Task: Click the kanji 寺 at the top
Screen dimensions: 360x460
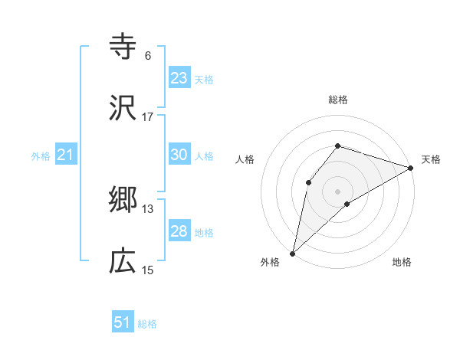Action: [x=123, y=47]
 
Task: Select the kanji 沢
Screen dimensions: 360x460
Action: [x=123, y=108]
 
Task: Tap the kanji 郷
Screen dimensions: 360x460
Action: [x=123, y=201]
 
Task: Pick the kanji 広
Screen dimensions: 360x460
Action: [x=123, y=262]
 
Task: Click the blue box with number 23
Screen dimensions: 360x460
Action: [x=179, y=78]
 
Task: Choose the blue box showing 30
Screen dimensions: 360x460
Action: [x=179, y=155]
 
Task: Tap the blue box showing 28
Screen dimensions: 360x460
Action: [x=179, y=231]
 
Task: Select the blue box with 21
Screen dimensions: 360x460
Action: [x=66, y=155]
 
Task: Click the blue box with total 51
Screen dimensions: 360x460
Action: [x=123, y=322]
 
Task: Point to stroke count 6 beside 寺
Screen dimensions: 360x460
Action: [x=148, y=56]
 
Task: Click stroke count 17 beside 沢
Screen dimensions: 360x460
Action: [x=148, y=117]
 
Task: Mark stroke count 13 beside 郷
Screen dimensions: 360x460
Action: [x=148, y=209]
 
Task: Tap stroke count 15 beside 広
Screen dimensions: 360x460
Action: [x=148, y=270]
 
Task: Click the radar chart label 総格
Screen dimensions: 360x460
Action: [x=337, y=100]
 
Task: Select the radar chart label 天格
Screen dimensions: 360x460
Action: [x=431, y=159]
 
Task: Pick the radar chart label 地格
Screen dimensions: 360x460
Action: [x=402, y=263]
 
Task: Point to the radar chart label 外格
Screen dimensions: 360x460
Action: [x=270, y=263]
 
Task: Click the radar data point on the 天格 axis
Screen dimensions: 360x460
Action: [x=411, y=167]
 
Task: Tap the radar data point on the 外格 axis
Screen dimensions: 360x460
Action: [x=292, y=253]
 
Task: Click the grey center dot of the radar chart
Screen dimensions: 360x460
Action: [x=337, y=191]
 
